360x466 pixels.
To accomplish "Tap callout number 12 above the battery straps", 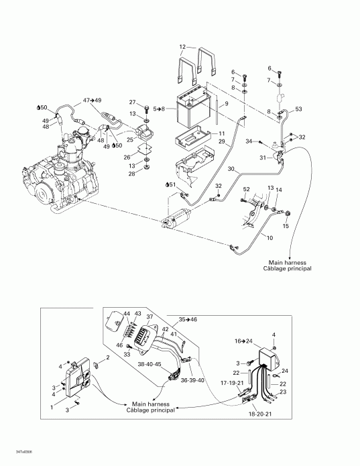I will [x=182, y=46].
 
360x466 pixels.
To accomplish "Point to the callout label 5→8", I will [x=160, y=108].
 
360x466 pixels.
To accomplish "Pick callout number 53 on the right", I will [x=299, y=108].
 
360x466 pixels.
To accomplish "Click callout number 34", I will [x=249, y=141].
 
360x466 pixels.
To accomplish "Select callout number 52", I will [x=246, y=190].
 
